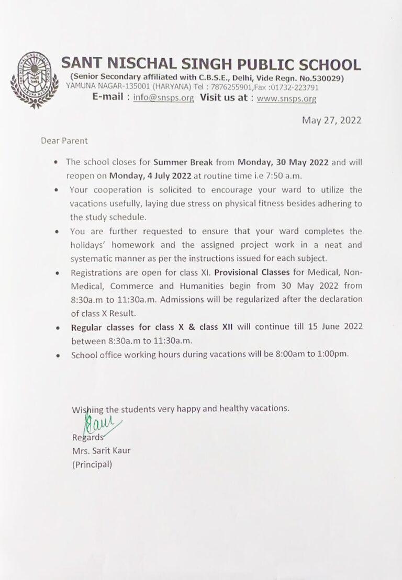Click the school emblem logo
click(x=35, y=79)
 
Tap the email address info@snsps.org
click(x=163, y=98)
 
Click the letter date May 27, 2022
click(x=331, y=120)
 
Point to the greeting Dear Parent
click(x=64, y=141)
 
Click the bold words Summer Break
click(x=183, y=162)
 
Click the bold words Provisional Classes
click(x=252, y=273)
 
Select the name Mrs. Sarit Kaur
click(x=102, y=450)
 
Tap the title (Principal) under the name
click(x=92, y=464)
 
